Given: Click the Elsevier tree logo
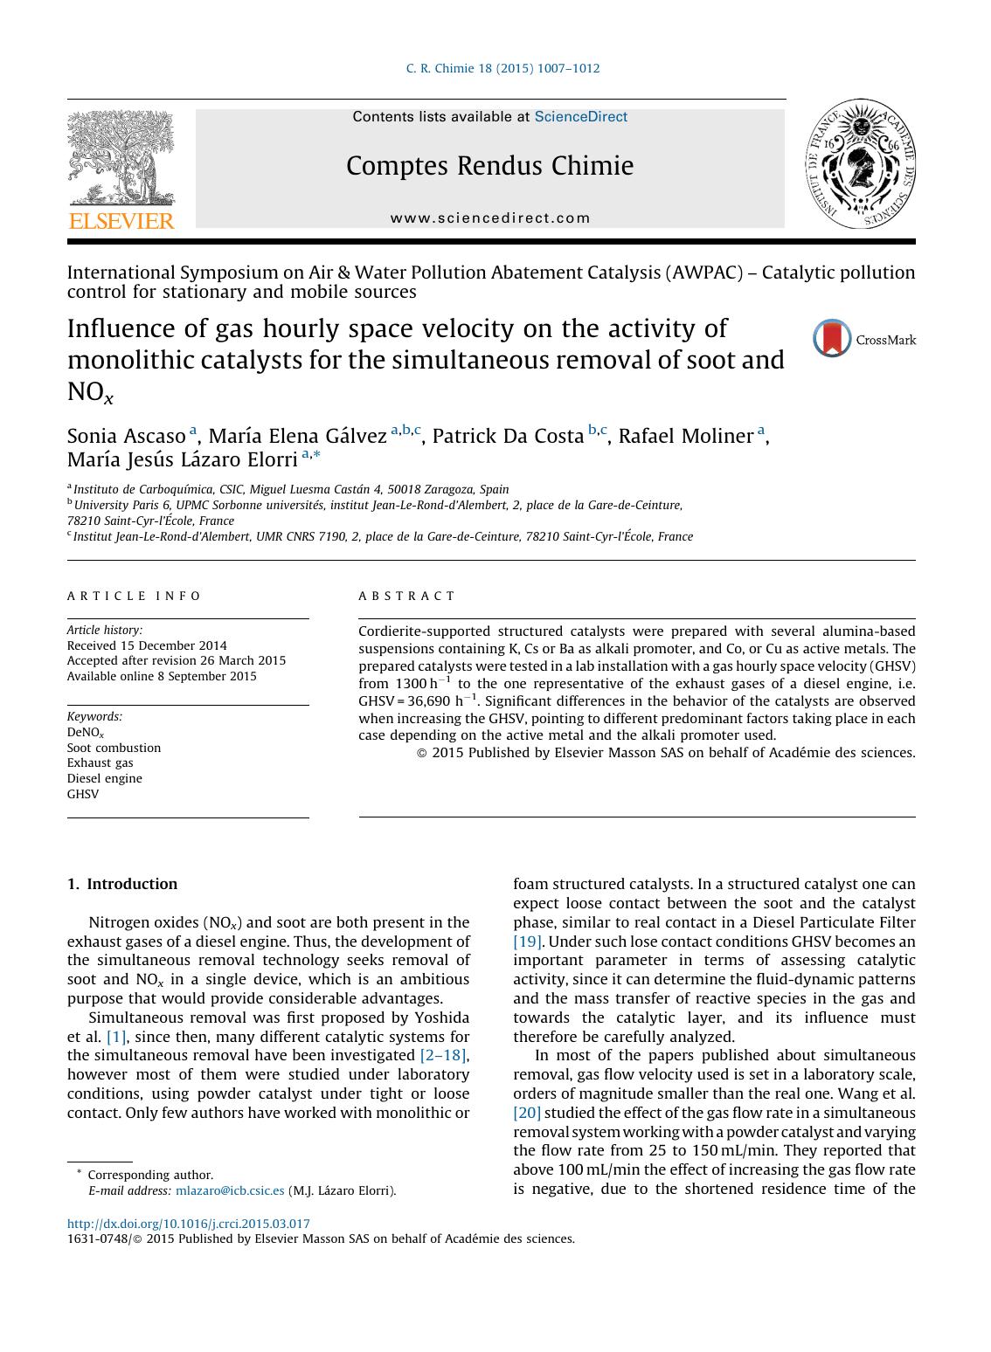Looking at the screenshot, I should click(121, 159).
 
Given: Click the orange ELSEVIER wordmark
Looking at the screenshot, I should click(121, 221).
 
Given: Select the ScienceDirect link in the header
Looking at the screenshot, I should click(580, 117).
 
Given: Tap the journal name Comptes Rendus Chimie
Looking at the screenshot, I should click(489, 166).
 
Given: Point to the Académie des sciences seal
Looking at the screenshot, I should click(860, 164).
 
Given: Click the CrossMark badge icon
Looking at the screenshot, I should click(832, 339).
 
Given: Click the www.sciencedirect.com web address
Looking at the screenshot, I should click(490, 218).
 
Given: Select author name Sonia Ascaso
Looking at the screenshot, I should click(127, 436).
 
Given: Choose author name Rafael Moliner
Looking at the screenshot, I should click(686, 436).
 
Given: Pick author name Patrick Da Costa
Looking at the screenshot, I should click(508, 436).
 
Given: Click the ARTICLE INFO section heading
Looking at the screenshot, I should click(134, 597).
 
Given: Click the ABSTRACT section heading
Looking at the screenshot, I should click(407, 597).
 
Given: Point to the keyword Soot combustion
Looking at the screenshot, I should click(114, 748).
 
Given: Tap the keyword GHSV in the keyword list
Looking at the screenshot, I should click(83, 794).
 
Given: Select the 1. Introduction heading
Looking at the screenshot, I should click(122, 884).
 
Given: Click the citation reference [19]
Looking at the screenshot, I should click(528, 942).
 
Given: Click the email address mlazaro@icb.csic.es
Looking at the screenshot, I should click(230, 1190).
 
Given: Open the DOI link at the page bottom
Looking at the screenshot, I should click(189, 1224).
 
